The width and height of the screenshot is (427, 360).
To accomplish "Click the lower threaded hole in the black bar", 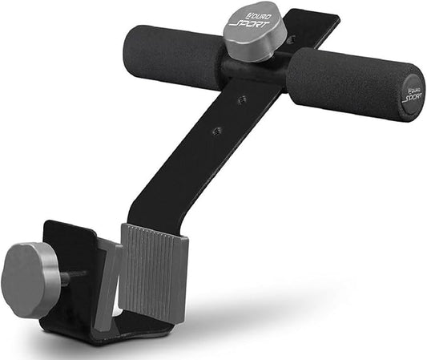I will pyautogui.click(x=216, y=130).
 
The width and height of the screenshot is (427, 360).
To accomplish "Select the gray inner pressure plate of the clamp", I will pyautogui.click(x=109, y=285).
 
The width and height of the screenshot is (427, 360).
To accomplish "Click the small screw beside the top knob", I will pyautogui.click(x=290, y=38).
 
